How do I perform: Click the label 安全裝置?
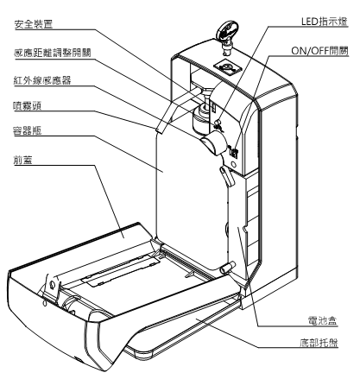34,24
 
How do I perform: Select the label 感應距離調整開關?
53,53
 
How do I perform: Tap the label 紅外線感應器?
42,80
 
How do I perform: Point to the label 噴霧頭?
28,105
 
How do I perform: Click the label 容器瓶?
28,130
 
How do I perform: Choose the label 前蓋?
22,160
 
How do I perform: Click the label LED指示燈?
325,22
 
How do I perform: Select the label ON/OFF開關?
319,51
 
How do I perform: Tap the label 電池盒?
323,320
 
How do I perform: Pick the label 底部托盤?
319,343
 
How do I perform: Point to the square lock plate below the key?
228,68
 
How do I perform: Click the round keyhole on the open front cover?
52,285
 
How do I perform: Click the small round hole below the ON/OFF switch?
233,164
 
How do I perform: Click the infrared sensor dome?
213,142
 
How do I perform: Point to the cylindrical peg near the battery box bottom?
227,268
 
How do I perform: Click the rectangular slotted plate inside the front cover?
120,270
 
